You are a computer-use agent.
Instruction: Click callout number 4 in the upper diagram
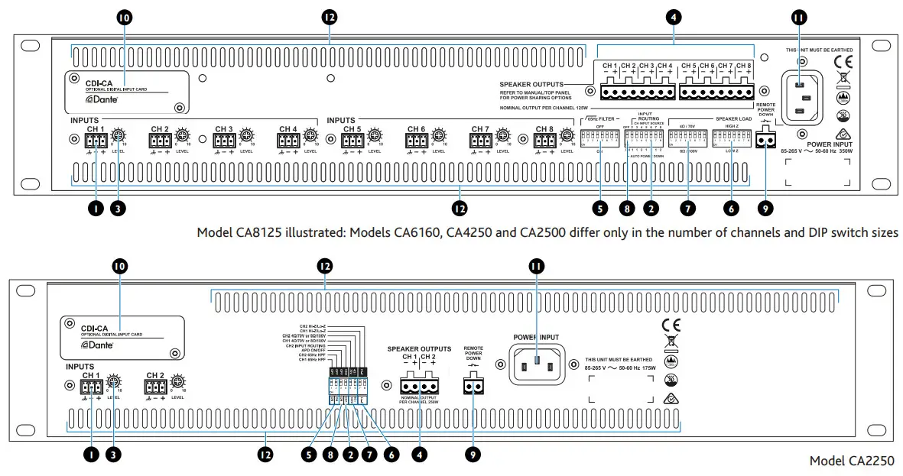pyautogui.click(x=673, y=16)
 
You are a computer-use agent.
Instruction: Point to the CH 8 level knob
pyautogui.click(x=567, y=135)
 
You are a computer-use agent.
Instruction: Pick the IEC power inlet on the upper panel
pyautogui.click(x=800, y=98)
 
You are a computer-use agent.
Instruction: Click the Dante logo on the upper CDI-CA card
pyautogui.click(x=99, y=99)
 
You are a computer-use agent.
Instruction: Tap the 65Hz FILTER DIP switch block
pyautogui.click(x=600, y=138)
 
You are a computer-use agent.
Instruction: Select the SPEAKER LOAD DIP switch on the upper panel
pyautogui.click(x=731, y=138)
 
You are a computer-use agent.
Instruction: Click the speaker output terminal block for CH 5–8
pyautogui.click(x=716, y=92)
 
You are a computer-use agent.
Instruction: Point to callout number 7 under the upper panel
pyautogui.click(x=687, y=207)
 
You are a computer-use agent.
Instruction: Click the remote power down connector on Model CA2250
pyautogui.click(x=474, y=387)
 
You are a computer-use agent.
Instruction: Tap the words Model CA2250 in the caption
pyautogui.click(x=851, y=461)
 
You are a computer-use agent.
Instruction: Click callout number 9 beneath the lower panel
pyautogui.click(x=474, y=455)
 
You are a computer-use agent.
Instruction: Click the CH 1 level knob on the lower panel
pyautogui.click(x=114, y=381)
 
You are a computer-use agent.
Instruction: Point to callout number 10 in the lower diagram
pyautogui.click(x=120, y=266)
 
